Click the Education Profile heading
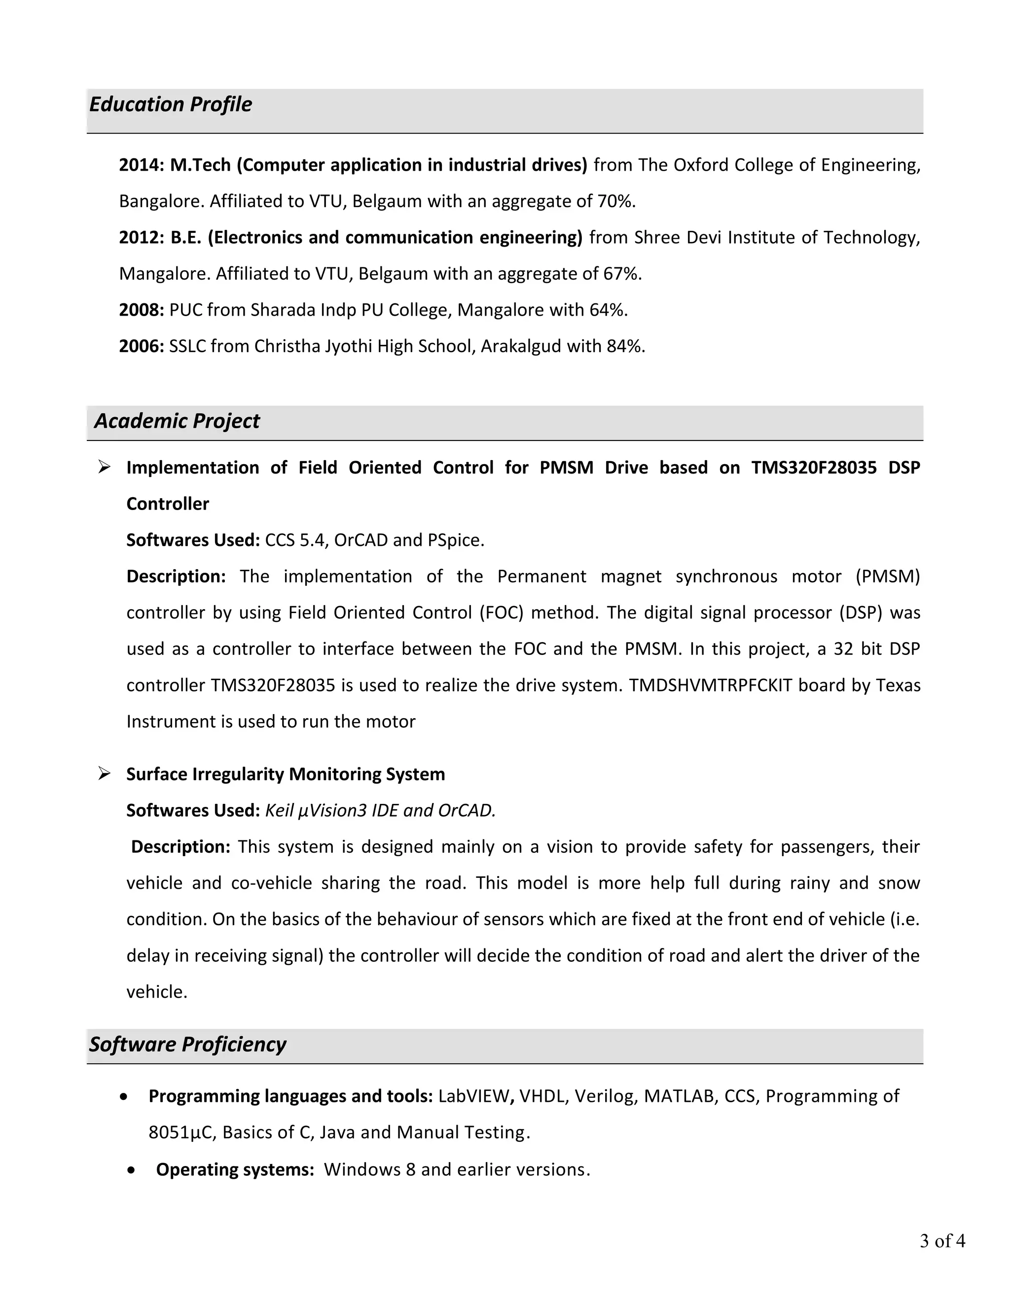(171, 104)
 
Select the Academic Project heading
(177, 421)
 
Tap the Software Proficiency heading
(187, 1044)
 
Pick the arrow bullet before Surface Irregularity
(105, 774)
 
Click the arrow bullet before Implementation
(105, 467)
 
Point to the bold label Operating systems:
(235, 1170)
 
